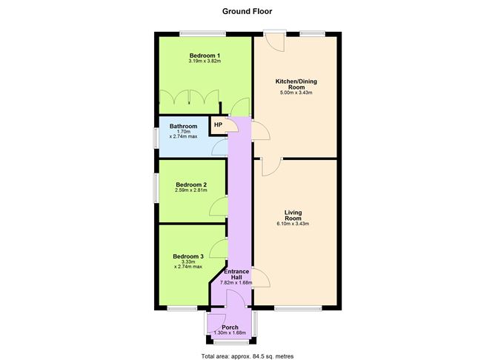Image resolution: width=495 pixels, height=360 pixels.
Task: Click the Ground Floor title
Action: point(247,11)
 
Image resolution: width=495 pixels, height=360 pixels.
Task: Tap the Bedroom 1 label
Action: point(204,56)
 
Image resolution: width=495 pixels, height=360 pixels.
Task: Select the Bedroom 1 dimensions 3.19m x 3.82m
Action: point(204,62)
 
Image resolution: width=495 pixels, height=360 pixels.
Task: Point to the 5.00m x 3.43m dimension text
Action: point(296,93)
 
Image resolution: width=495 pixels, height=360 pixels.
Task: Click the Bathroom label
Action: point(183,127)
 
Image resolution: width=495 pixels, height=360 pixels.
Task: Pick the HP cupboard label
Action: point(218,124)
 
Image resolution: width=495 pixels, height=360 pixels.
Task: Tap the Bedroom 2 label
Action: point(190,184)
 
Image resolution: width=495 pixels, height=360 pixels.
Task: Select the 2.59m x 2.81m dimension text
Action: point(190,191)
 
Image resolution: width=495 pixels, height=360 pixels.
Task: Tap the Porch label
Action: point(230,327)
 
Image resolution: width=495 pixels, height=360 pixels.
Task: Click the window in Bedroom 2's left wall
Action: point(156,189)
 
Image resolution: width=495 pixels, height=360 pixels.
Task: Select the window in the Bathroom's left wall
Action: point(156,137)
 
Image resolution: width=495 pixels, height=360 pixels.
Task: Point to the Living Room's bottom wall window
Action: point(296,307)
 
